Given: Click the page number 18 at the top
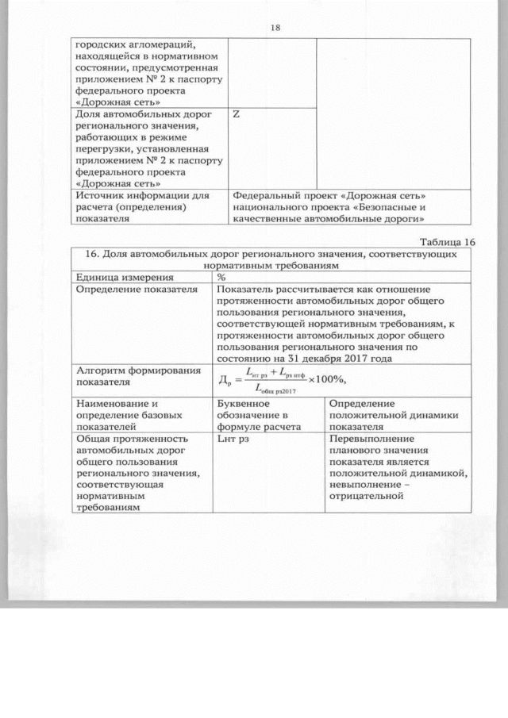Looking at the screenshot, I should (275, 27).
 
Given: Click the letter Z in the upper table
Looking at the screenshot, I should (237, 114).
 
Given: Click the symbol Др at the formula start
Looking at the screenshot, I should (224, 378).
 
